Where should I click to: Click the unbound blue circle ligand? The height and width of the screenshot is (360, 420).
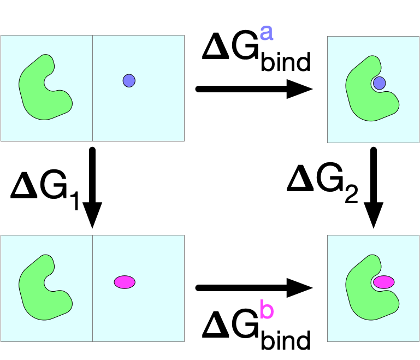(x=129, y=81)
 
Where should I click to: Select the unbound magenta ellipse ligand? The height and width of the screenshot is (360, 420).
(x=125, y=282)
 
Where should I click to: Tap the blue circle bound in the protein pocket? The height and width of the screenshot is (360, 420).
(x=379, y=83)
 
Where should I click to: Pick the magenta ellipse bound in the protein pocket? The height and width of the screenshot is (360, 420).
(x=384, y=282)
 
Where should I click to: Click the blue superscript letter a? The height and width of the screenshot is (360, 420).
(x=267, y=33)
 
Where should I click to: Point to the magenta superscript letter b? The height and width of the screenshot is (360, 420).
(x=267, y=309)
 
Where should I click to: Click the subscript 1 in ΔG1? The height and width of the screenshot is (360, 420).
(x=75, y=200)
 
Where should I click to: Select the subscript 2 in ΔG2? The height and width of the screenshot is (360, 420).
(x=351, y=194)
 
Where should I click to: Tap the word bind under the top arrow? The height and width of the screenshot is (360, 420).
(x=286, y=61)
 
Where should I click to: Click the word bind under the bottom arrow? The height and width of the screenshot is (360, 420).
(x=286, y=340)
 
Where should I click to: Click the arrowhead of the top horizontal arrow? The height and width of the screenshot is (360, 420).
(x=299, y=89)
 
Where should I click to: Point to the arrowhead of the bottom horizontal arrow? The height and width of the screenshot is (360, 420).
(x=299, y=288)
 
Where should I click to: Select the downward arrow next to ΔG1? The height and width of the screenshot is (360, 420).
(x=92, y=187)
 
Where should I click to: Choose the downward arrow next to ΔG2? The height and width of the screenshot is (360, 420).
(x=374, y=187)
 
